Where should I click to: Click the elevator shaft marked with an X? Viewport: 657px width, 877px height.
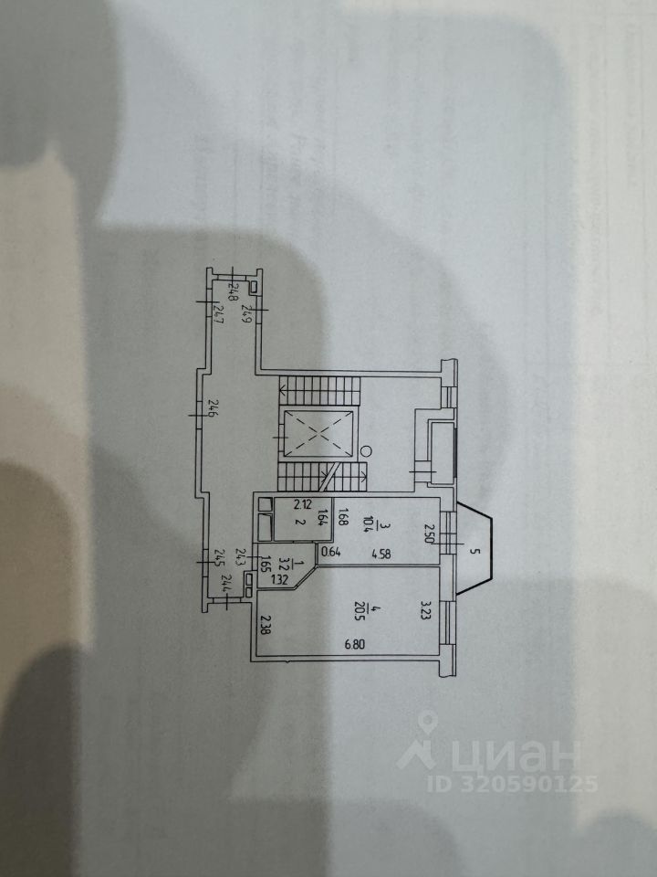click(x=315, y=433)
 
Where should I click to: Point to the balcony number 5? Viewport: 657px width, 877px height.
click(x=474, y=550)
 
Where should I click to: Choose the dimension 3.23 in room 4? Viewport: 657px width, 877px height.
click(x=425, y=608)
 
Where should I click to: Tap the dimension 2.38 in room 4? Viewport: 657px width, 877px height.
click(x=265, y=625)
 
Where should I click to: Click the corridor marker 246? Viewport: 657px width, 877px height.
click(x=211, y=409)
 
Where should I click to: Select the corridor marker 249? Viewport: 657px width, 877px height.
click(x=245, y=317)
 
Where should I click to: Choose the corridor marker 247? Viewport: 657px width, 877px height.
click(x=217, y=317)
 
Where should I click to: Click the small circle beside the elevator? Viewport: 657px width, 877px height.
click(x=362, y=450)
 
